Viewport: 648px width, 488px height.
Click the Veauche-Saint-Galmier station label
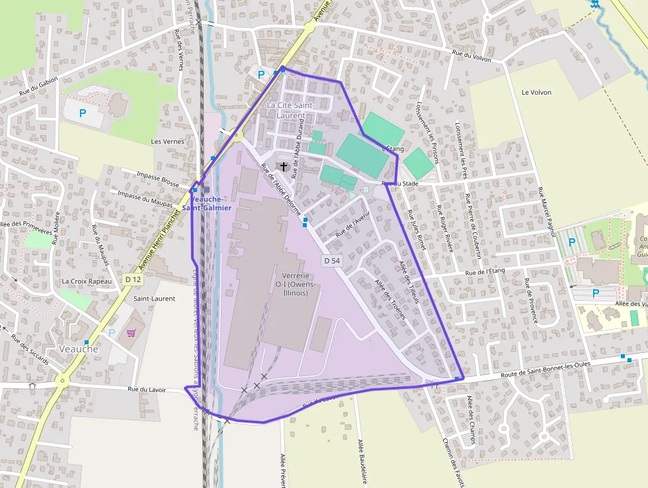(207, 203)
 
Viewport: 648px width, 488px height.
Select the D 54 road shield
(332, 261)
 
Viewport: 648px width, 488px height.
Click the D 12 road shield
(132, 280)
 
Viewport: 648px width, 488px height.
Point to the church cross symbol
(284, 166)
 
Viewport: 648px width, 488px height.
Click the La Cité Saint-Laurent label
(290, 110)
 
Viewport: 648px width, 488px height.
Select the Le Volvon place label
(536, 92)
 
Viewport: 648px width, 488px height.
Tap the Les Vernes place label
(167, 141)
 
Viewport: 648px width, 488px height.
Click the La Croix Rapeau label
(86, 281)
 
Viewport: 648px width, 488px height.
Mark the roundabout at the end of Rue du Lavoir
(61, 381)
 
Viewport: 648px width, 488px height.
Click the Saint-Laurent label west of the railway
(154, 299)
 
